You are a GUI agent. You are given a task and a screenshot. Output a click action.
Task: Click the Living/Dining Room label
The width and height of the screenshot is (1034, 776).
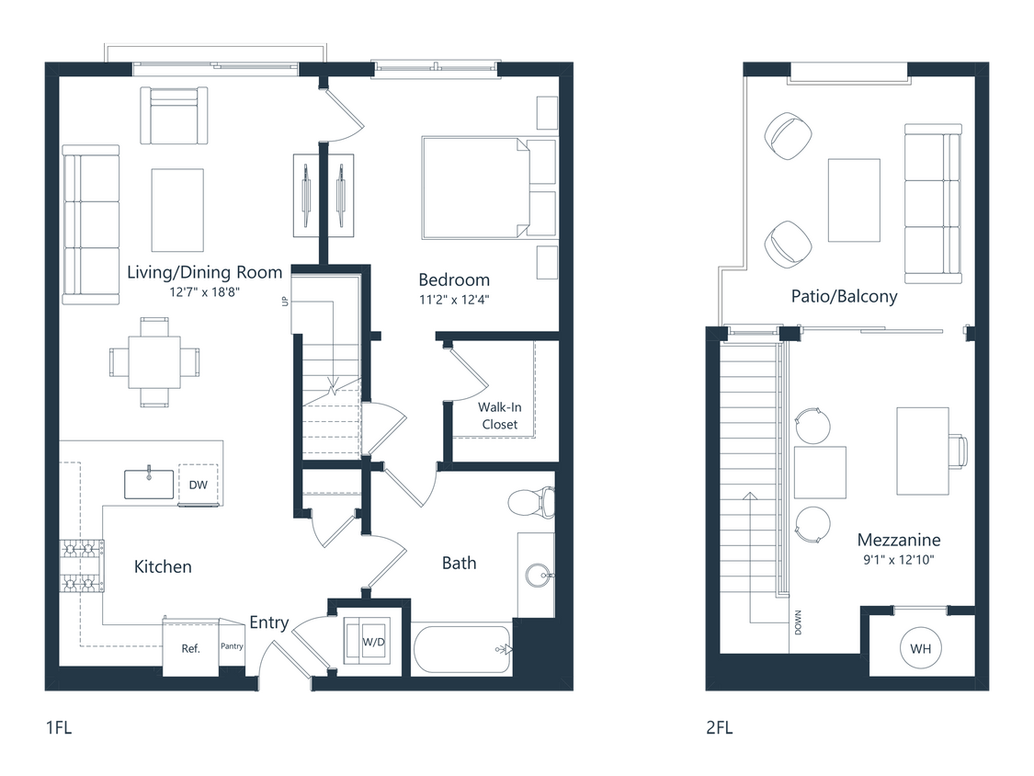click(204, 272)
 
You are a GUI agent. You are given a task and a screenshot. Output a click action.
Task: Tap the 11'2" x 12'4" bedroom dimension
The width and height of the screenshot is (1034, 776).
click(454, 299)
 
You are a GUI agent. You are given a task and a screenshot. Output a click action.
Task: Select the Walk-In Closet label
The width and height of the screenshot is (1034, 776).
click(498, 416)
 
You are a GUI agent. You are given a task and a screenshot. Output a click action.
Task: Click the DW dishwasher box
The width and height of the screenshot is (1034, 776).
click(199, 485)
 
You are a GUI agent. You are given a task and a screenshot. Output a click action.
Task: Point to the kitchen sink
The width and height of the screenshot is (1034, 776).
click(149, 484)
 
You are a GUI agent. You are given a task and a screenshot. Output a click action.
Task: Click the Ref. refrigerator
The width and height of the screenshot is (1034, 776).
click(190, 647)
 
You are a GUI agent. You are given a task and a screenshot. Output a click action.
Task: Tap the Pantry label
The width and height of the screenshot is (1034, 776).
click(232, 646)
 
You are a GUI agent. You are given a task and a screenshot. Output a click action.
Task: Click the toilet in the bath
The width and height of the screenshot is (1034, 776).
click(531, 502)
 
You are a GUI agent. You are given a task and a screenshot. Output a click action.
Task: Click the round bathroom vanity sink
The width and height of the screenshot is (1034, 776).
click(538, 576)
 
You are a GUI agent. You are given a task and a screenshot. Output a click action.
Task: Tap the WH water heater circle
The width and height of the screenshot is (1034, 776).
click(920, 649)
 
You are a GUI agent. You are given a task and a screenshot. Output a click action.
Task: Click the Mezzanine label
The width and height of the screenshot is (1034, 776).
click(898, 540)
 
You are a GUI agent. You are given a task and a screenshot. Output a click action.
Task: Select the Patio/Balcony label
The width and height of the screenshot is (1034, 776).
click(844, 297)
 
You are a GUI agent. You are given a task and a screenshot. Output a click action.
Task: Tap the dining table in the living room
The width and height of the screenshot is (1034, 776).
click(153, 362)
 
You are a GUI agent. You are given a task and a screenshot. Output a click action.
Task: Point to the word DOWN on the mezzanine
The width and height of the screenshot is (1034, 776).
click(798, 624)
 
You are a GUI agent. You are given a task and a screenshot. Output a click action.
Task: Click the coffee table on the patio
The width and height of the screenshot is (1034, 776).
click(854, 200)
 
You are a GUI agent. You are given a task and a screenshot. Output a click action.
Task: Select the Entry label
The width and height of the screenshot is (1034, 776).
click(269, 622)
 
